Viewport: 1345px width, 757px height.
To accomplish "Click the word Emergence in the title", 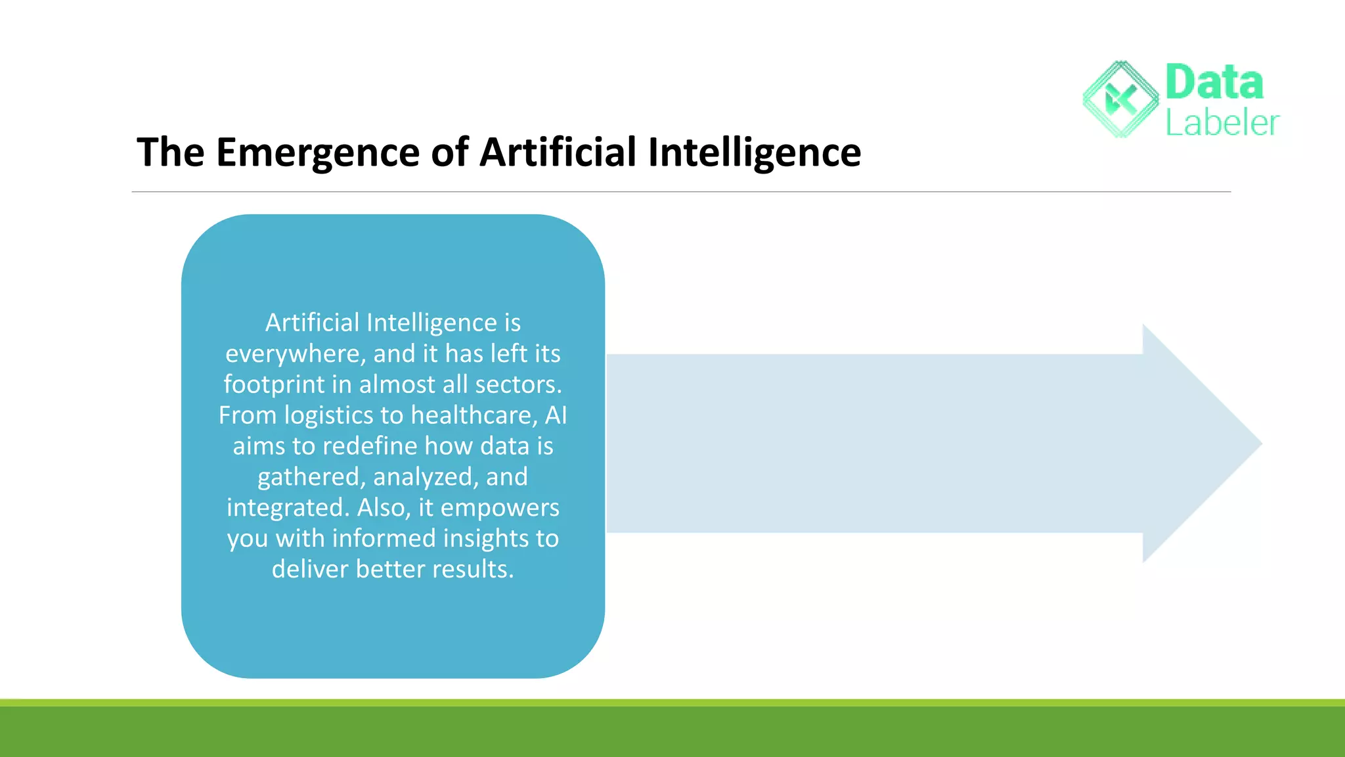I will (x=317, y=153).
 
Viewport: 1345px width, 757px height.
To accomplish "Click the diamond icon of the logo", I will (x=1121, y=99).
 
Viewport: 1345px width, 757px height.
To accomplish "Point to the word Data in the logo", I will (x=1214, y=83).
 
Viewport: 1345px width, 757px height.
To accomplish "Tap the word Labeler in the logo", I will (x=1222, y=123).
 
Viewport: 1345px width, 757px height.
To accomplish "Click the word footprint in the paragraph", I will (x=274, y=384).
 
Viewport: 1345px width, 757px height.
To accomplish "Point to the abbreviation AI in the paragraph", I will (x=556, y=415).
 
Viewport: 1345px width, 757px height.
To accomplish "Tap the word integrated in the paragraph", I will (x=288, y=508).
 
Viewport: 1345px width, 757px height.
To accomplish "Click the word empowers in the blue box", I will (x=500, y=508).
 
